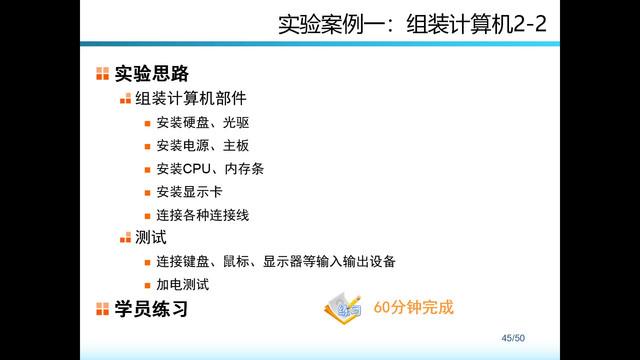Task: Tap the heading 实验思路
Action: coord(151,73)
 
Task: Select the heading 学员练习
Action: coord(151,309)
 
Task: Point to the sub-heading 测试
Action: coord(150,237)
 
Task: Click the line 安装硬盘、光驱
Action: coord(202,123)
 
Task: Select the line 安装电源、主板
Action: coord(202,146)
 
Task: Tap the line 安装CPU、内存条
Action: coord(209,169)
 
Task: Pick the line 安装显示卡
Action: coord(189,192)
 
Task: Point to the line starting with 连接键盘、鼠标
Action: coord(275,262)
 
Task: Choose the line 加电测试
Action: coord(182,285)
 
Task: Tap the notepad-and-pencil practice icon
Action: coord(343,308)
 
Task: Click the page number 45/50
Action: coord(513,338)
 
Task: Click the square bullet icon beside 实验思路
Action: coord(102,73)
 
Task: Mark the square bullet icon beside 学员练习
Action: coord(102,309)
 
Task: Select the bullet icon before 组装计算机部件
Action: coord(125,99)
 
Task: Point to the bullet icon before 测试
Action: coord(125,238)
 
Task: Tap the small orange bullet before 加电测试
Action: coord(146,285)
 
